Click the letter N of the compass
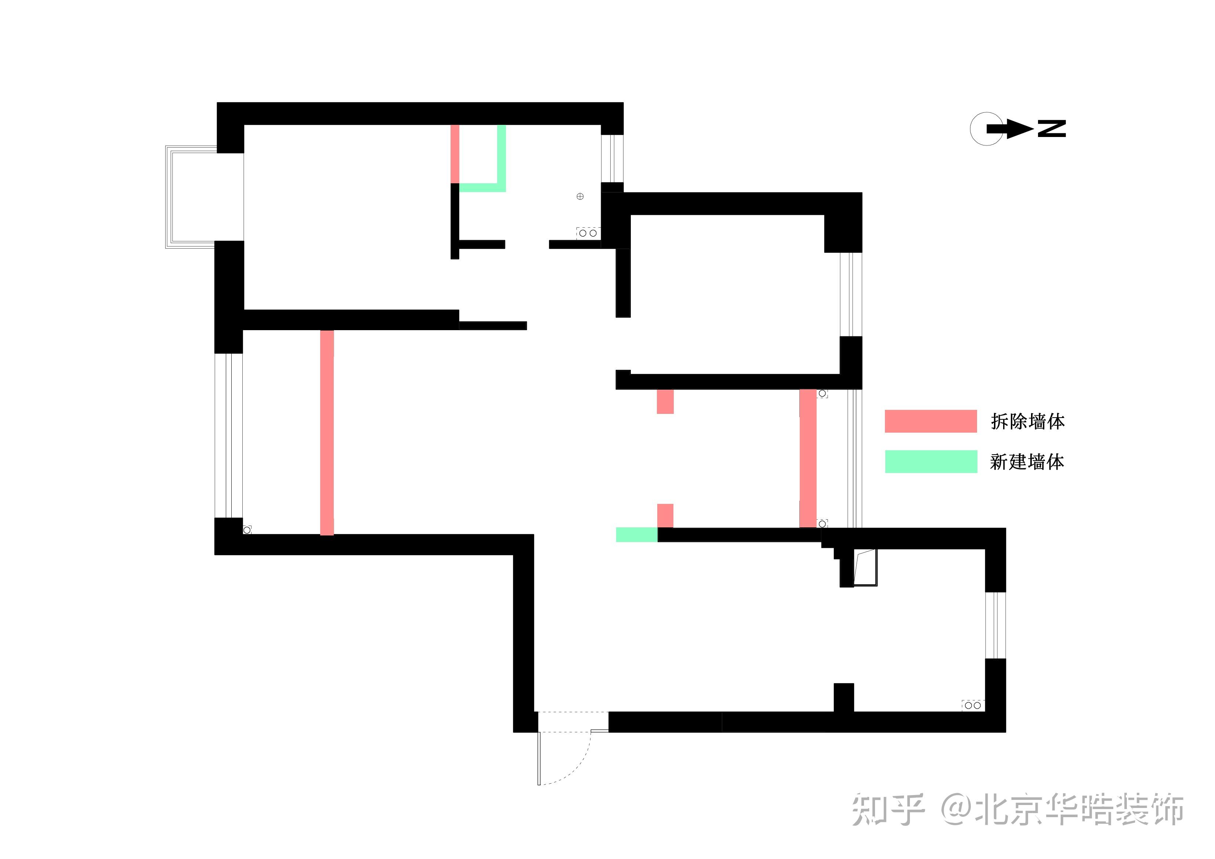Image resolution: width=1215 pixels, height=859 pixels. point(1052,129)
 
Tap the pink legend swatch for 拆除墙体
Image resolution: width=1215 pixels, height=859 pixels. point(930,421)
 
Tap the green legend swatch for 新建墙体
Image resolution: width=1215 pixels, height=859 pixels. point(931,462)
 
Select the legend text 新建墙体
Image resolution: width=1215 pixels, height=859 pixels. point(1027,462)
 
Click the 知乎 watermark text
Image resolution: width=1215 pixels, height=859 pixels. point(888,810)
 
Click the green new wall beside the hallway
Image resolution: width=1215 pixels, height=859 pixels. point(637,535)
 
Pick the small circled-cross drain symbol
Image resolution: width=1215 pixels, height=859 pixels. point(580,196)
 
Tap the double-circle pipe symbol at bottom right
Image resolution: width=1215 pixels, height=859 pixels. point(973,705)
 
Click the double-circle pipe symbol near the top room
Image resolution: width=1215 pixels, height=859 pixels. point(588,233)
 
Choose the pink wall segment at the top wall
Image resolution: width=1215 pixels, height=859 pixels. point(455,154)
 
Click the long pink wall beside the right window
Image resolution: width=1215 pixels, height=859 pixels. point(807,458)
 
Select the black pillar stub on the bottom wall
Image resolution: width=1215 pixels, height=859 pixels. point(843,697)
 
